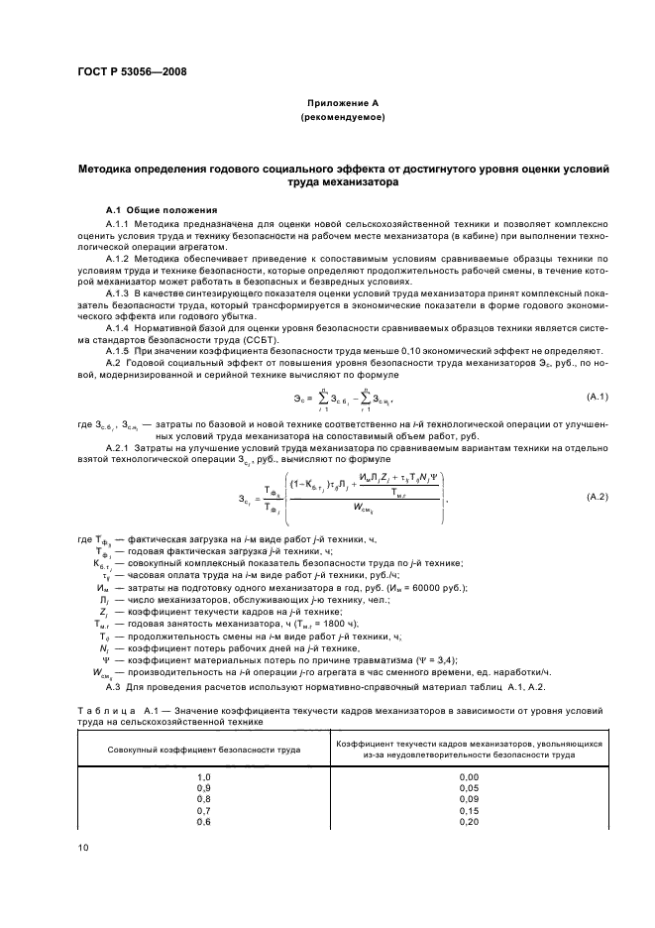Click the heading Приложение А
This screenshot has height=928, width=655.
pyautogui.click(x=342, y=102)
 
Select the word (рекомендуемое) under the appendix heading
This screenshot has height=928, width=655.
pyautogui.click(x=342, y=117)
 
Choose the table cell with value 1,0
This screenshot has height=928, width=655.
pyautogui.click(x=205, y=776)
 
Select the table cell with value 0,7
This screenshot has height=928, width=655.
pyautogui.click(x=205, y=810)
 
